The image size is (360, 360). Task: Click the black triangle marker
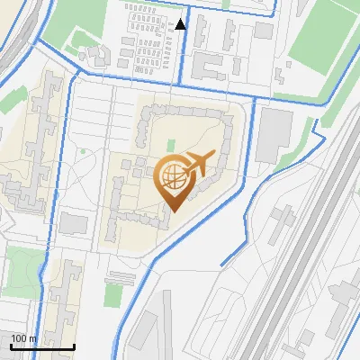(181, 24)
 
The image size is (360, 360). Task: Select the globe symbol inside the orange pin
(171, 177)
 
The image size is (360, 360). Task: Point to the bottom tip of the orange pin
(172, 211)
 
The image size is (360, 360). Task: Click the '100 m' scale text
(23, 338)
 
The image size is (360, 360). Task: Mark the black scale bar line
(42, 346)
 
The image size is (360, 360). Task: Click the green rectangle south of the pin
(112, 294)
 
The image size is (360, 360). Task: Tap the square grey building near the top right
(263, 31)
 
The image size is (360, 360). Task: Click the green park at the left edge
(22, 266)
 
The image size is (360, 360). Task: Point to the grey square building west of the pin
(74, 222)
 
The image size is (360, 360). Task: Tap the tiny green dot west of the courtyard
(84, 151)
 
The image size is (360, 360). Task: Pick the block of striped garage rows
(147, 40)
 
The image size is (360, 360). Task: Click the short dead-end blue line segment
(233, 256)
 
